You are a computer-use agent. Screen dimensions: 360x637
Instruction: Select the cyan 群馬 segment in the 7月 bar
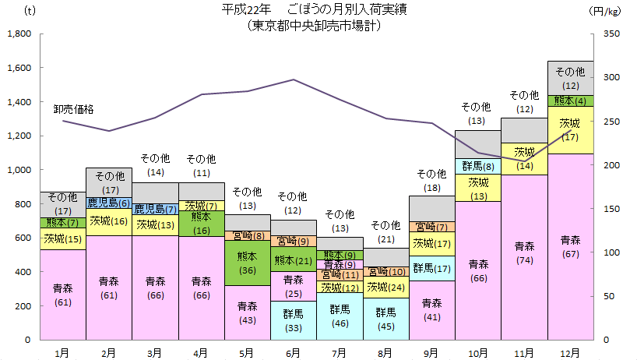pyautogui.click(x=340, y=316)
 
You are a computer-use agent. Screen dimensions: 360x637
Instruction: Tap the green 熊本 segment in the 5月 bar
pyautogui.click(x=248, y=263)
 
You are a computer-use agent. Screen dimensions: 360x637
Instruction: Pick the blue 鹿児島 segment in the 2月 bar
pyautogui.click(x=109, y=203)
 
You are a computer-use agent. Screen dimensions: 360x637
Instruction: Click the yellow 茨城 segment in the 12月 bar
pyautogui.click(x=571, y=129)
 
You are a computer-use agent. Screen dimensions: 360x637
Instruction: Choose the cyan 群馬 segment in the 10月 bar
pyautogui.click(x=478, y=166)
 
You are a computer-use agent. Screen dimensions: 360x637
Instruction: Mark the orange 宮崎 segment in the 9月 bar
pyautogui.click(x=432, y=228)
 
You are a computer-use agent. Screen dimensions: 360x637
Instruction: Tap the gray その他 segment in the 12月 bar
pyautogui.click(x=571, y=78)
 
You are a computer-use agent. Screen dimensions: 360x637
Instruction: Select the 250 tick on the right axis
pyautogui.click(x=612, y=122)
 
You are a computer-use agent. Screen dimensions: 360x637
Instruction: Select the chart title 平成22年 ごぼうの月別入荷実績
pyautogui.click(x=315, y=10)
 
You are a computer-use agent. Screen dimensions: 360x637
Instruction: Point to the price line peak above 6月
pyautogui.click(x=294, y=79)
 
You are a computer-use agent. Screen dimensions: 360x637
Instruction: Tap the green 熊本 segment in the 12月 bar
pyautogui.click(x=571, y=101)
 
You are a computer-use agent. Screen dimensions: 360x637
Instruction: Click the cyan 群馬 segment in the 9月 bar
pyautogui.click(x=432, y=268)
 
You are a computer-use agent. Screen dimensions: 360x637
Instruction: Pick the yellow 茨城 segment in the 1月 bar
pyautogui.click(x=63, y=239)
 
